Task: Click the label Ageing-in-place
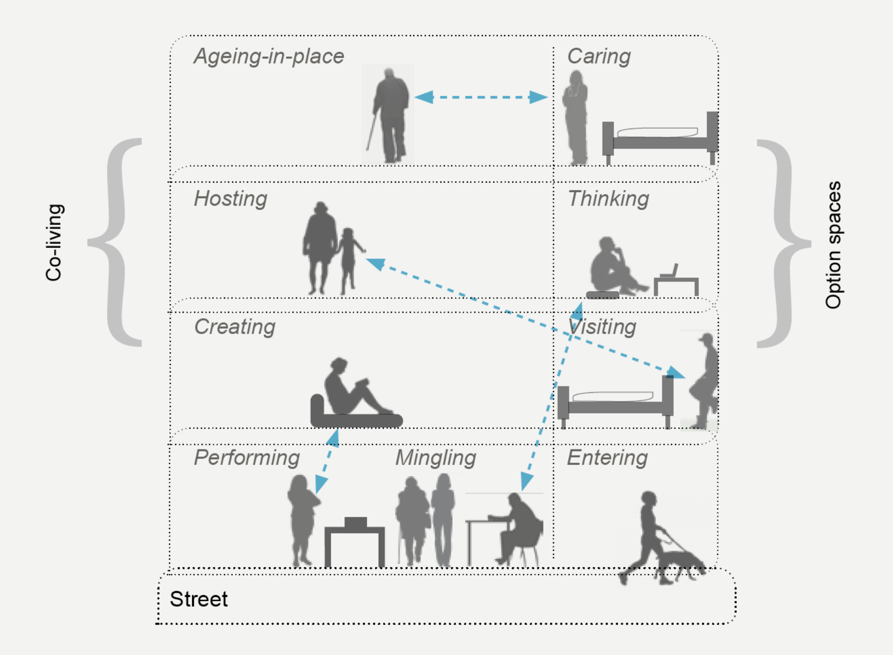269,56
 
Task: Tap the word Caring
599,56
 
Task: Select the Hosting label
230,198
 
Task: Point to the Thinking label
608,198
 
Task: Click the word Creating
235,326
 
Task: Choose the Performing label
246,458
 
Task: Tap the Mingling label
435,458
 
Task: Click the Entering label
607,458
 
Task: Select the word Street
199,599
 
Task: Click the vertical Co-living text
54,243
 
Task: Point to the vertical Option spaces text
833,245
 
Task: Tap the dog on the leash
681,563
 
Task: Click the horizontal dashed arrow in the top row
481,97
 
